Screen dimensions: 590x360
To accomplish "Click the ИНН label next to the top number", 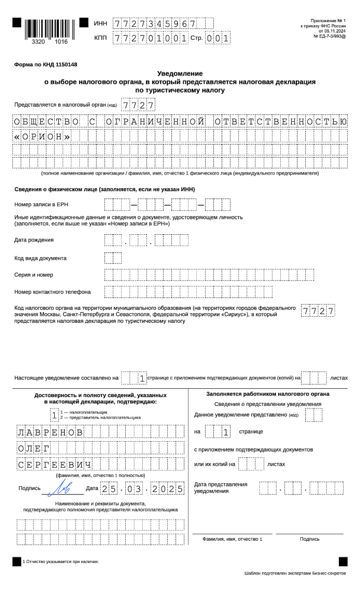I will (x=100, y=23).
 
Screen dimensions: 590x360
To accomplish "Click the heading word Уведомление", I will (x=180, y=73).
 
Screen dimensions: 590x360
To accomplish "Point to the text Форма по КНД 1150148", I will (x=46, y=65).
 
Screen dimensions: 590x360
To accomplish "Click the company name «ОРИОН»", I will (x=42, y=137).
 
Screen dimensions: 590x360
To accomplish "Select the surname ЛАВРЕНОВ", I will (x=50, y=433).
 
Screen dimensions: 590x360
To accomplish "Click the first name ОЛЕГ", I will (x=33, y=448).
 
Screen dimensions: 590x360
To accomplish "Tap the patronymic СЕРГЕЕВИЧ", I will (x=55, y=465).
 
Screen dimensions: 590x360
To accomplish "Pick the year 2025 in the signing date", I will (x=167, y=489).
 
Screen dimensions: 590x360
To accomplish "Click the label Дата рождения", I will (x=34, y=240).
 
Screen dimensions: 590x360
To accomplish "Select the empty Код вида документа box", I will (x=113, y=258).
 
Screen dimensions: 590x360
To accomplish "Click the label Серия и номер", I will (x=34, y=275).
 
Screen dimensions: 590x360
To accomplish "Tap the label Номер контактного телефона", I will (x=52, y=292).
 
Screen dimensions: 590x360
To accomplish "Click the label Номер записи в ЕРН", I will (x=41, y=204).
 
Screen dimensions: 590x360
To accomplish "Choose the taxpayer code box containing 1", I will (x=54, y=415).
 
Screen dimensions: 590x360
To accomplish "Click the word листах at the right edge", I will (x=339, y=378).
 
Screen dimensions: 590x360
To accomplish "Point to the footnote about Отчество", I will (x=61, y=561).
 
